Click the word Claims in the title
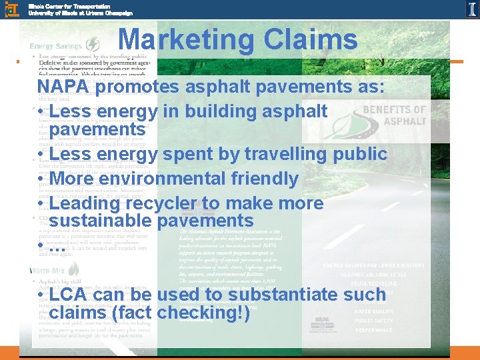[x=311, y=41]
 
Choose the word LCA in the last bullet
[x=69, y=295]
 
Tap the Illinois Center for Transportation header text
[x=80, y=9]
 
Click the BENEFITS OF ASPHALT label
[x=393, y=115]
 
